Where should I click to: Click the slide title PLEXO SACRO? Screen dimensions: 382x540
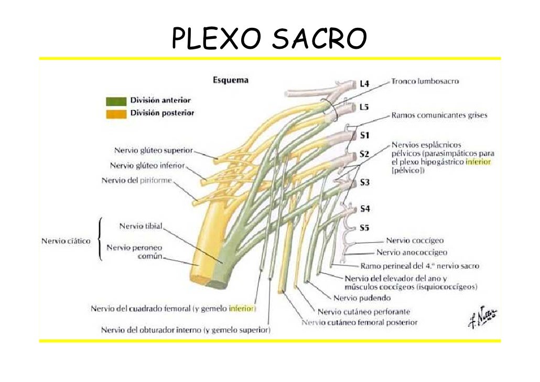click(x=269, y=39)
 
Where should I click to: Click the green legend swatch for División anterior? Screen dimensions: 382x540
click(x=116, y=101)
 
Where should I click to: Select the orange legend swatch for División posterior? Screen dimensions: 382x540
click(x=116, y=113)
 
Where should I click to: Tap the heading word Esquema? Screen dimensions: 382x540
click(x=230, y=81)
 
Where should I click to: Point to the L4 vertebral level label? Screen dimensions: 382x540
click(x=364, y=83)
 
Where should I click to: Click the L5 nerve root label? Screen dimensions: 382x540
click(x=364, y=107)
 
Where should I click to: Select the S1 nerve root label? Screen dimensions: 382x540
click(x=365, y=135)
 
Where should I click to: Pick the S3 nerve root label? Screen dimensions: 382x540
click(x=365, y=183)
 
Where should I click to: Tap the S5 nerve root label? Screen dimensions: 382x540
click(x=365, y=228)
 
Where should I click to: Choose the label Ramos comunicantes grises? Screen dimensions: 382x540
click(x=439, y=115)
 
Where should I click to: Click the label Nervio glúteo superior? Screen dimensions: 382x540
click(x=154, y=151)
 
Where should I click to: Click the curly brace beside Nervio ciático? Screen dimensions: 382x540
click(x=100, y=240)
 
